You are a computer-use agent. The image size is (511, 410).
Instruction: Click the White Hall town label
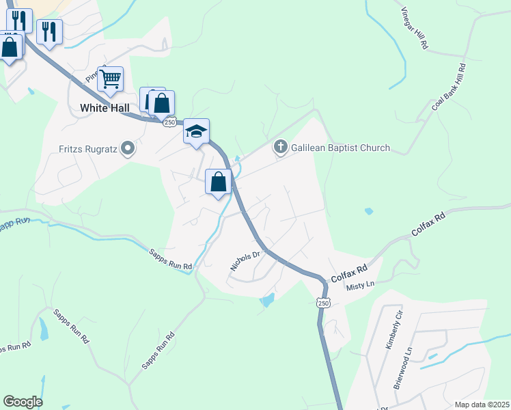(104, 108)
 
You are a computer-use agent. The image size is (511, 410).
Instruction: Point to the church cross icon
(280, 147)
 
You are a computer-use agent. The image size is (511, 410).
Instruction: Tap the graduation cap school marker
(196, 132)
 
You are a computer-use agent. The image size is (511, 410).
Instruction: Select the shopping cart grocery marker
(110, 79)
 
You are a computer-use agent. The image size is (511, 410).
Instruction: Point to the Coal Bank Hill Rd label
(449, 87)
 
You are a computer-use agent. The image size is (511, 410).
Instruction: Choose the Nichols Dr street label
(246, 261)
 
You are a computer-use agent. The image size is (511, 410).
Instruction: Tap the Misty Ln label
(361, 286)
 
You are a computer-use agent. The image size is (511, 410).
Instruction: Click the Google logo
(23, 401)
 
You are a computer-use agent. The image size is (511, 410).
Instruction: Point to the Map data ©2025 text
(482, 405)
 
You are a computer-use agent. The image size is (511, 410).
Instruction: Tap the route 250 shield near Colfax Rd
(323, 302)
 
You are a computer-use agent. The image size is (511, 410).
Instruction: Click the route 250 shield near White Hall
(170, 122)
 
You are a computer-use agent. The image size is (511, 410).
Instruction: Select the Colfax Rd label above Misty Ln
(350, 275)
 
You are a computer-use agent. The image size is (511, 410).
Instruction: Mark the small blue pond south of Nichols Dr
(267, 299)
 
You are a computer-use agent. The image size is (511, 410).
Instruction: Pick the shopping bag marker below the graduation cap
(219, 183)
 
